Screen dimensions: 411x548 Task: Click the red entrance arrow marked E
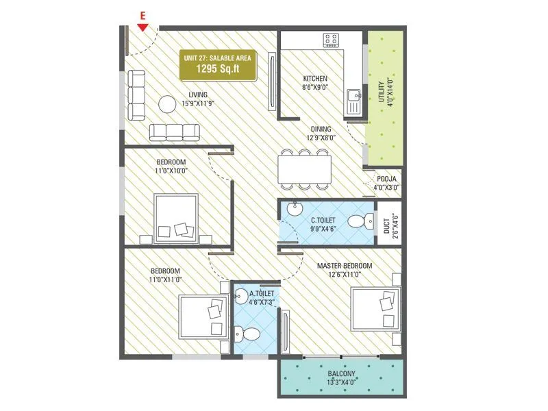point(142,27)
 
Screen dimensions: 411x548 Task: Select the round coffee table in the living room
point(168,104)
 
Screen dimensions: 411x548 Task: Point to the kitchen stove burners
point(333,40)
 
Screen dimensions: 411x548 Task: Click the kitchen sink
point(353,102)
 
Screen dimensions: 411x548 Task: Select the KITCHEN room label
point(314,79)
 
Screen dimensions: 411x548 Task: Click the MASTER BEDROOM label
point(344,265)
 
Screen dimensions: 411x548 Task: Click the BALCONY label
point(340,375)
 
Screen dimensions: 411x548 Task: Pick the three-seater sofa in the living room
point(174,131)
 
